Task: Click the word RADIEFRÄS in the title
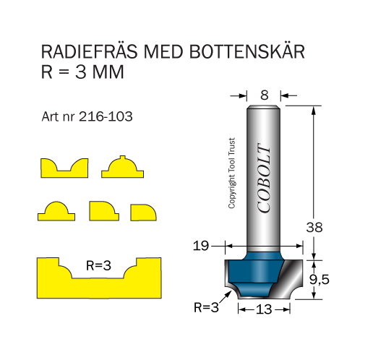click(89, 51)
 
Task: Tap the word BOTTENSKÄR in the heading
click(247, 51)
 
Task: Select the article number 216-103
click(106, 117)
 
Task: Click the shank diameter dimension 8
click(265, 95)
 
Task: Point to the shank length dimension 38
click(314, 228)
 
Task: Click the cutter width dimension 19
click(201, 246)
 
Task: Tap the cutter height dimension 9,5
click(320, 280)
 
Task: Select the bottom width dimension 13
click(264, 309)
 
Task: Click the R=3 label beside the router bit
click(207, 307)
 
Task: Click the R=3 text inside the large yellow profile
click(98, 266)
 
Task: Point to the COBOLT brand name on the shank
click(264, 178)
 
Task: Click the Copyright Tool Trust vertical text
click(232, 173)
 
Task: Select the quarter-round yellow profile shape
click(143, 213)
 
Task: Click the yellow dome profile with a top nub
click(122, 168)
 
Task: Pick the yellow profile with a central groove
click(64, 168)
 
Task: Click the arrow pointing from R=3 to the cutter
click(226, 297)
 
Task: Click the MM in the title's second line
click(108, 72)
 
